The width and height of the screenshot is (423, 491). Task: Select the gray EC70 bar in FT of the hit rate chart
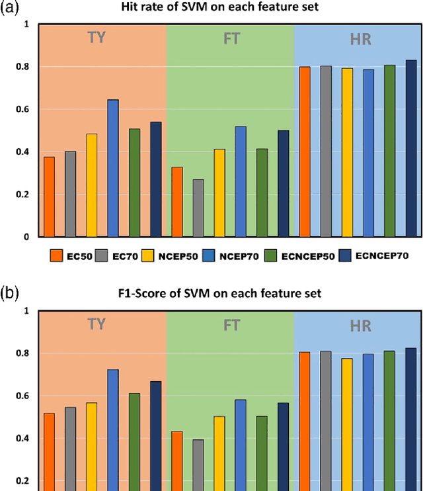(198, 208)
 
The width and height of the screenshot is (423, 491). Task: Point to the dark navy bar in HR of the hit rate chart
(411, 148)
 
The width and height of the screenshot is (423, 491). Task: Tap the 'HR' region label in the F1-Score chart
(360, 326)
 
